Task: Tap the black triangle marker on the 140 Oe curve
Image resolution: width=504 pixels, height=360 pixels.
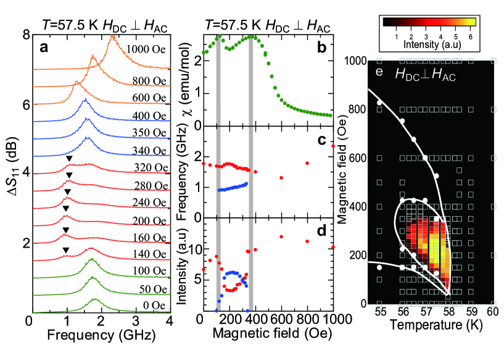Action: (66, 250)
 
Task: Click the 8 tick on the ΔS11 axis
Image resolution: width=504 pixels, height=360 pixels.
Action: (20, 36)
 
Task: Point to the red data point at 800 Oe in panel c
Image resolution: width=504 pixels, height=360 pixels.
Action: (307, 163)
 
